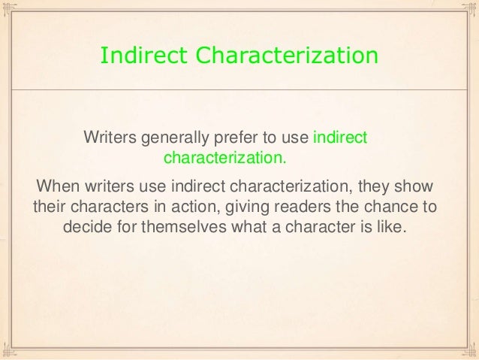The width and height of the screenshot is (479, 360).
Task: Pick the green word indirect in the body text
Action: [339, 139]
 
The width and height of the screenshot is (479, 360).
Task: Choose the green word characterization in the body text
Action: [225, 159]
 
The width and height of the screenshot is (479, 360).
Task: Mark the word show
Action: [417, 186]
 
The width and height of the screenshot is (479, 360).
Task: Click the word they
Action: [372, 186]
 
